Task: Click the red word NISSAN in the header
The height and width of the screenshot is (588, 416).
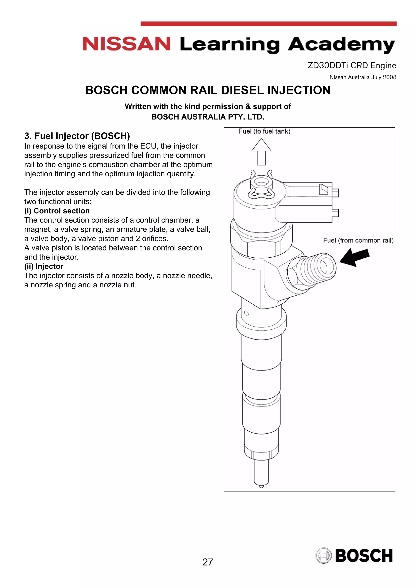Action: click(x=126, y=44)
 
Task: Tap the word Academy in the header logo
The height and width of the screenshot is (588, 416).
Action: click(x=341, y=45)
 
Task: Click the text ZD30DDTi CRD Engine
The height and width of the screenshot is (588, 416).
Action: click(x=352, y=66)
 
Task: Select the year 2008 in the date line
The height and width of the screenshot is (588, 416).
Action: click(x=389, y=77)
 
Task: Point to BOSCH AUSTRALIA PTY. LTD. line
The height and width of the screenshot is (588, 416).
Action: click(x=208, y=117)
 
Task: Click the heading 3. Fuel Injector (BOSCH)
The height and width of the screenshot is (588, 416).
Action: click(x=77, y=136)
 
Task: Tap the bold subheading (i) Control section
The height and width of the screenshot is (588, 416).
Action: click(x=57, y=211)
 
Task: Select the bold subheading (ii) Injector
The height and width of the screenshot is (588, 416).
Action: click(x=44, y=266)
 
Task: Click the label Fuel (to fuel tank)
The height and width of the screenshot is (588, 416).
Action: click(x=264, y=131)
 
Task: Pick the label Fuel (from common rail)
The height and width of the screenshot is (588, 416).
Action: click(x=358, y=241)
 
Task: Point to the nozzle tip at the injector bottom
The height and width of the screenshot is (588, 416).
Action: click(x=261, y=486)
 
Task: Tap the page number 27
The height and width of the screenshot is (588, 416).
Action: click(x=208, y=562)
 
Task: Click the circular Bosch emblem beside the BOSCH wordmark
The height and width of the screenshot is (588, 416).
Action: click(x=323, y=556)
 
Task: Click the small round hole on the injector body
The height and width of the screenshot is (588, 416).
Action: click(x=246, y=313)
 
